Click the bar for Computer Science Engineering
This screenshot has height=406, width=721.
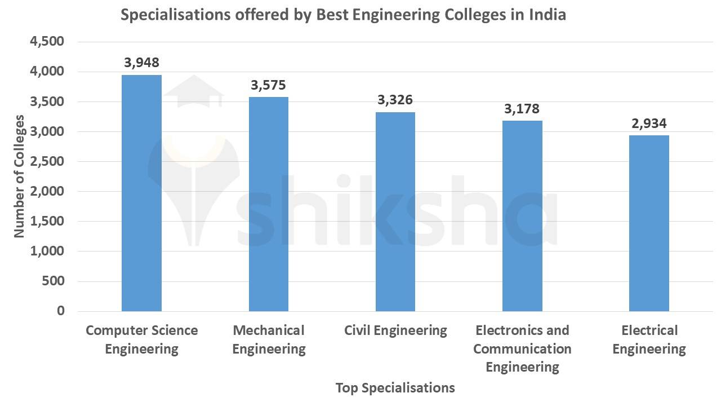click(141, 193)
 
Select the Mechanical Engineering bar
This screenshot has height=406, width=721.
click(269, 204)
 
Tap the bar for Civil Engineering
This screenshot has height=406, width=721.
click(395, 211)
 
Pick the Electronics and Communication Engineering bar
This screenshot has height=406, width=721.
click(522, 216)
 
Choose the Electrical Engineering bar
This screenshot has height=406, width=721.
click(649, 223)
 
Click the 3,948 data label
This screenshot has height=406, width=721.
click(142, 63)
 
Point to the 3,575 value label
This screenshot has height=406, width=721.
click(269, 85)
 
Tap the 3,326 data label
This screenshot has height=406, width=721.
click(395, 100)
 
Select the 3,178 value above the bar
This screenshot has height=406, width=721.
click(522, 108)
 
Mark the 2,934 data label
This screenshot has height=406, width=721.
click(649, 123)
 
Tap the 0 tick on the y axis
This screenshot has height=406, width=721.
click(60, 311)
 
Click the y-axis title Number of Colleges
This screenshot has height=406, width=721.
click(19, 176)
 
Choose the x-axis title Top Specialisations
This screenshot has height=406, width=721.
click(395, 388)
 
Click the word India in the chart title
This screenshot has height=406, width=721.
click(547, 15)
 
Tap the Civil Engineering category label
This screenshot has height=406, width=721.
click(395, 330)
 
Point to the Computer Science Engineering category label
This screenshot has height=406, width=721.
click(142, 339)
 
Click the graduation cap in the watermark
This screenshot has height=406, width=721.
click(194, 90)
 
